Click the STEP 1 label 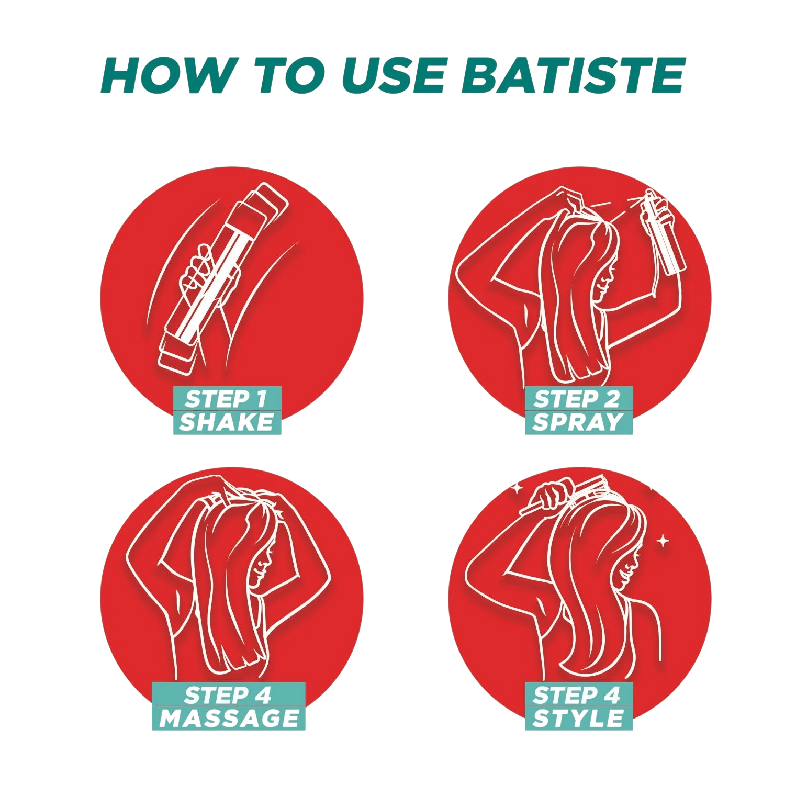coord(226,399)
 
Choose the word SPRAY coord(578,422)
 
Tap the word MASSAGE coord(229,718)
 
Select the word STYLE coord(578,718)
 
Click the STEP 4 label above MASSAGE coord(228,695)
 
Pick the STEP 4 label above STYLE coord(577,695)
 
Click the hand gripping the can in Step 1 coord(201,275)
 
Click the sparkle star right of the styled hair coord(663,541)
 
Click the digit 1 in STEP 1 coord(261,399)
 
